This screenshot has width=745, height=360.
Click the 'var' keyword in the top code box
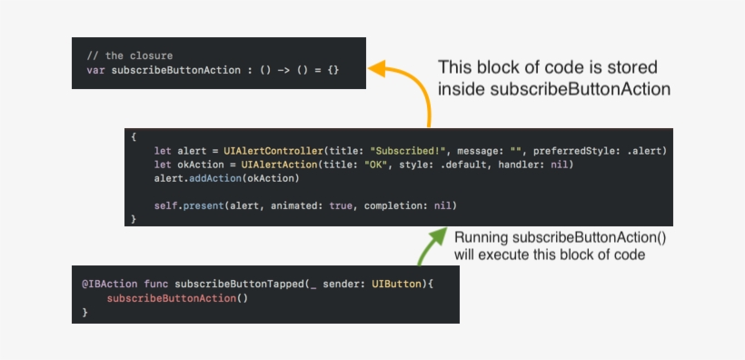pos(95,70)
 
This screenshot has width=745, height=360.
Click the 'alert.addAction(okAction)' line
pos(226,179)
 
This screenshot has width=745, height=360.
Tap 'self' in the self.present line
pos(165,205)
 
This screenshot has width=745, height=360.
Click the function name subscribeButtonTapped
pos(233,284)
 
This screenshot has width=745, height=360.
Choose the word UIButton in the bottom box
pos(397,284)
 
